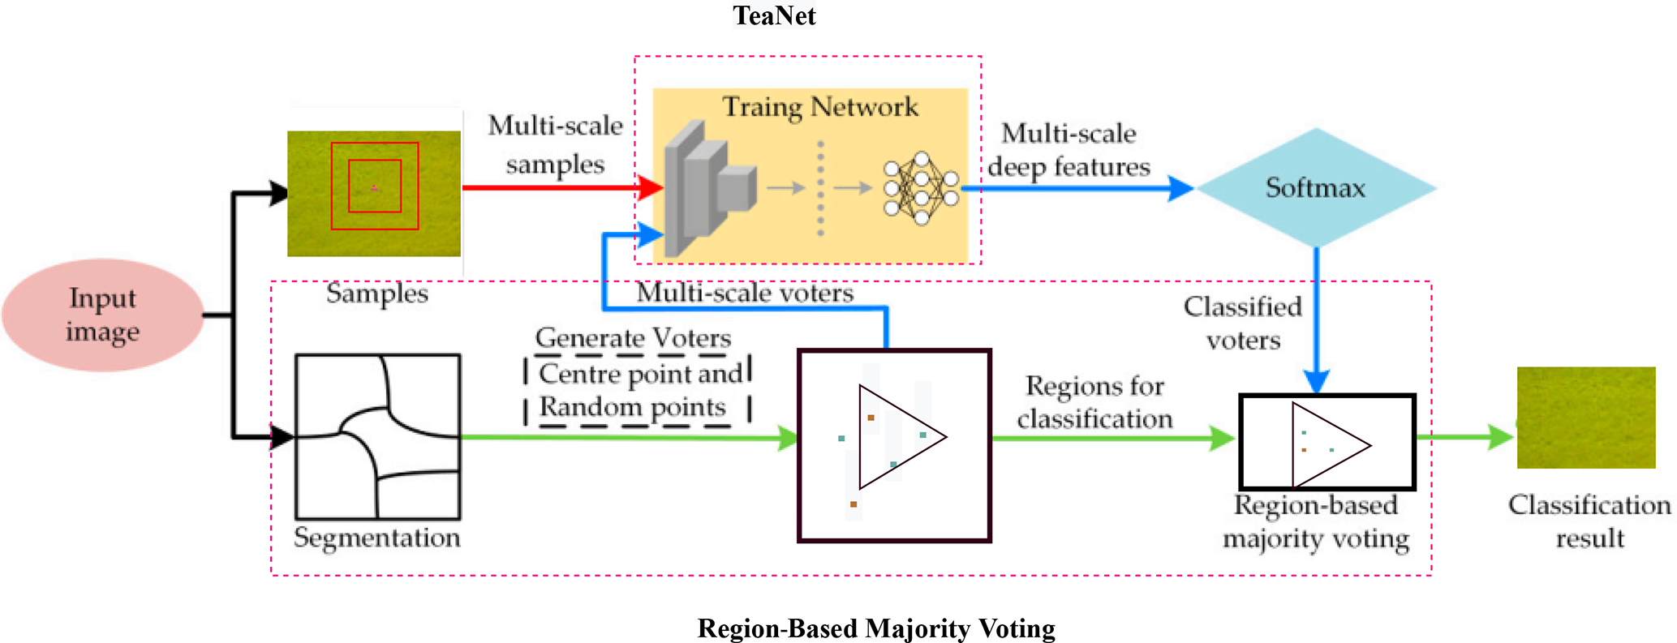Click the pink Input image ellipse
103,315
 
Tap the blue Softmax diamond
1315,188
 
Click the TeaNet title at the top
774,15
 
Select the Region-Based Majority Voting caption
876,628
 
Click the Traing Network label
820,107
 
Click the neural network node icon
921,187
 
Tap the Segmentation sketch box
377,436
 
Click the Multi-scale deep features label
1069,150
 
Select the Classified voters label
1242,323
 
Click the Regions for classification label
1094,402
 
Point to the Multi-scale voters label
745,293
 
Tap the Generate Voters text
633,337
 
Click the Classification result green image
1586,418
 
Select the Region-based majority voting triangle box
1327,443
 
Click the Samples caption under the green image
376,293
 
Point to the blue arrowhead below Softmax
1316,381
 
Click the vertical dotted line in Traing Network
820,188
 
